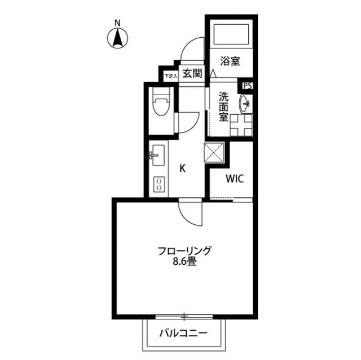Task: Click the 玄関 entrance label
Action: [x=192, y=73]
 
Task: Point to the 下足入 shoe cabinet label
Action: [x=170, y=75]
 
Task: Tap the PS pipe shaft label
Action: [x=248, y=86]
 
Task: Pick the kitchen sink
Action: [x=157, y=153]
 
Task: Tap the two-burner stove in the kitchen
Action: [x=160, y=184]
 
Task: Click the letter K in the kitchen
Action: [x=182, y=167]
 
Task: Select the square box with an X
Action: [x=214, y=152]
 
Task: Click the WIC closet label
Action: [x=235, y=180]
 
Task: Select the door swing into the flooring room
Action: [x=191, y=212]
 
